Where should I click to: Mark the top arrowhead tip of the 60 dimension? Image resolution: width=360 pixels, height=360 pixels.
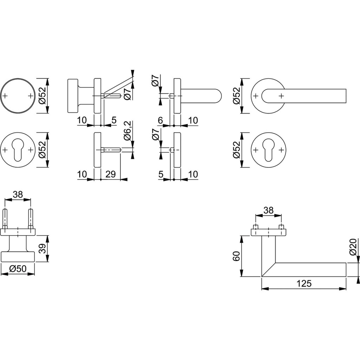click(x=241, y=236)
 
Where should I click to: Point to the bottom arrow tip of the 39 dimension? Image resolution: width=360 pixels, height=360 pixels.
click(x=48, y=262)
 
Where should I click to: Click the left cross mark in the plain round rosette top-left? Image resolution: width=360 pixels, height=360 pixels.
click(x=6, y=96)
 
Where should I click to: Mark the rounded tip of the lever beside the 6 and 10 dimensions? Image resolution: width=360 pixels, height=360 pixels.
click(x=222, y=96)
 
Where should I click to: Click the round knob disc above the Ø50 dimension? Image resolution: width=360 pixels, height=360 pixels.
click(x=18, y=257)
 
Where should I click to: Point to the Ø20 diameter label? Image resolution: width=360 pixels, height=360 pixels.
click(x=354, y=247)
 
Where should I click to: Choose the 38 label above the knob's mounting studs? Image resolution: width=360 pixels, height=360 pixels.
click(x=18, y=195)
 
